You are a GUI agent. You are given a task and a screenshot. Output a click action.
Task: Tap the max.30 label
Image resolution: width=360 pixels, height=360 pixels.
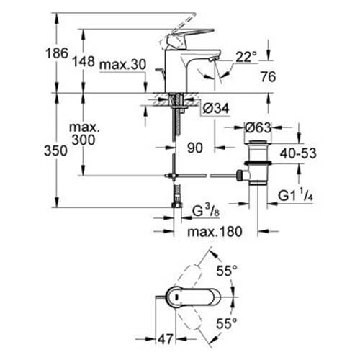(123, 66)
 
